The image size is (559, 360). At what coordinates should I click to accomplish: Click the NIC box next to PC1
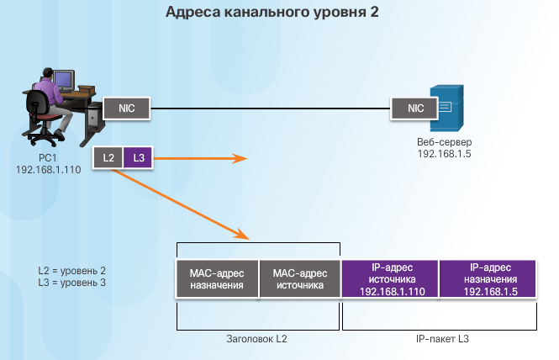127,109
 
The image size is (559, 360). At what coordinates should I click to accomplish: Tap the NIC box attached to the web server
414,109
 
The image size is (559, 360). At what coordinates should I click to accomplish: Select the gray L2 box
108,157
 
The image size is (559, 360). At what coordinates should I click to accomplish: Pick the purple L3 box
138,157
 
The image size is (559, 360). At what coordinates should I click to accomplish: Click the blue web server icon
447,109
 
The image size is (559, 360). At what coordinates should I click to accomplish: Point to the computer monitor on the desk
64,81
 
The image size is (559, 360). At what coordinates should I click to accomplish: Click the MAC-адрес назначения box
217,279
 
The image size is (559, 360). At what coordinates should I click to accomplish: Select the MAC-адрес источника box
300,279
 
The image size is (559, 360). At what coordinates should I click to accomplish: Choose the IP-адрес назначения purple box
488,279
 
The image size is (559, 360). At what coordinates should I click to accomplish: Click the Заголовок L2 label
256,339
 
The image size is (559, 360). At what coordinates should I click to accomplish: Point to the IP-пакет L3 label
442,339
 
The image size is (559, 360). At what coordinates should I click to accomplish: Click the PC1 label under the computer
48,157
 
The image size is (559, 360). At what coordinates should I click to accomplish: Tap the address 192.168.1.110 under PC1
49,169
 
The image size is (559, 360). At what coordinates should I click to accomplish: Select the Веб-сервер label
444,141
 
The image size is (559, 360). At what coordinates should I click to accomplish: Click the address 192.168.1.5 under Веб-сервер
444,154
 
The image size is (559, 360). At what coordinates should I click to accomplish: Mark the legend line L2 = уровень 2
71,271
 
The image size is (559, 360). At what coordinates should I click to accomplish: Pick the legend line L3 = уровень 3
71,283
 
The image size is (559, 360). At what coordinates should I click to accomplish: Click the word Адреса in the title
192,12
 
